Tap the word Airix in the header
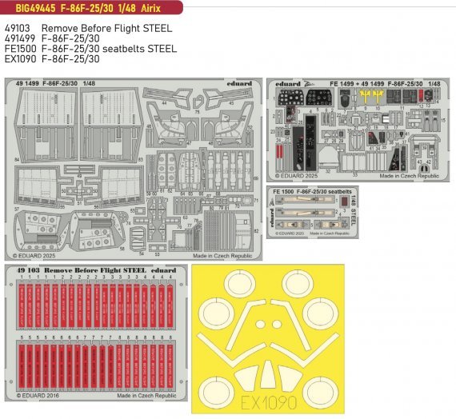159,9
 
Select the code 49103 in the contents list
17,28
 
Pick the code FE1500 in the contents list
19,49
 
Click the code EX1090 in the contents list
19,59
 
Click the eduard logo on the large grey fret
238,83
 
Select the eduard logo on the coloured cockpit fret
285,83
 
